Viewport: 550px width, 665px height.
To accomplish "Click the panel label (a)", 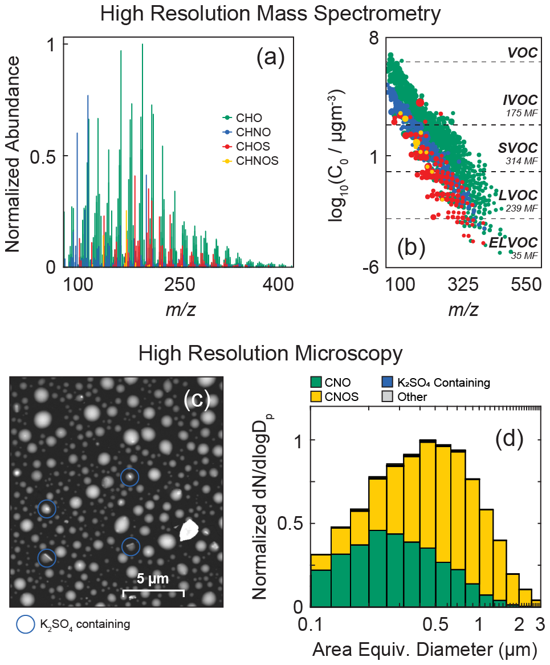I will (x=270, y=57).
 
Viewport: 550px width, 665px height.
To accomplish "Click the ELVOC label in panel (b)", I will (x=513, y=243).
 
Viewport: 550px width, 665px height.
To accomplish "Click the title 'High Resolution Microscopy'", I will (x=270, y=354).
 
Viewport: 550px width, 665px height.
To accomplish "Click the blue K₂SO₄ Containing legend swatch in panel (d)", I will (x=388, y=383).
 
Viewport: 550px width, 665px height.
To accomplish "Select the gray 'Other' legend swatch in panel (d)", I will (x=388, y=397).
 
